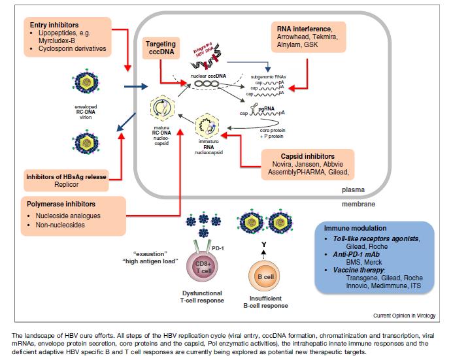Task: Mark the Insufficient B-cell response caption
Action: (268, 303)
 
